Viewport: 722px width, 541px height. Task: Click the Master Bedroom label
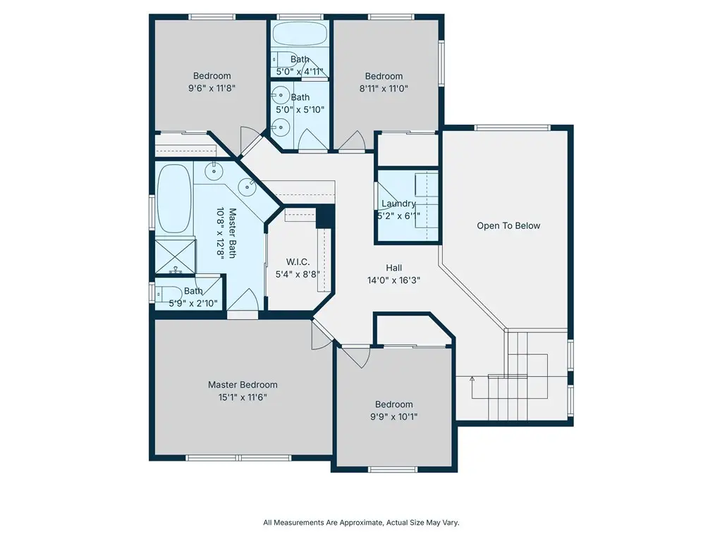click(243, 385)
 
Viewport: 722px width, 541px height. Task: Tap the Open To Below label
click(508, 225)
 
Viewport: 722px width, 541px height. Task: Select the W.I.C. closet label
click(298, 262)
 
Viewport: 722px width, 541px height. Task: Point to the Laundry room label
click(399, 204)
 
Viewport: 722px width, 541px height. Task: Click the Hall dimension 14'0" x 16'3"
click(393, 280)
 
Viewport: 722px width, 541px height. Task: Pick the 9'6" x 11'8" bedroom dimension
click(212, 88)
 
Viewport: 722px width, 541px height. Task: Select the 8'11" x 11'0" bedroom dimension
click(384, 88)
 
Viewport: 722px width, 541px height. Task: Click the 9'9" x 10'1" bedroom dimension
click(393, 417)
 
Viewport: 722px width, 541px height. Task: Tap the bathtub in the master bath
click(174, 199)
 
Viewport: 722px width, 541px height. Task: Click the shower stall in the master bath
click(175, 256)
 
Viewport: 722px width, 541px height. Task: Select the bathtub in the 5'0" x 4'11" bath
click(300, 34)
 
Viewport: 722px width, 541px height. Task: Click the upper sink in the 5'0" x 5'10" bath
click(279, 96)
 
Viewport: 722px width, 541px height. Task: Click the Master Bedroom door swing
click(322, 335)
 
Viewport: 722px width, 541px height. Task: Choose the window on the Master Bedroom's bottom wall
click(238, 458)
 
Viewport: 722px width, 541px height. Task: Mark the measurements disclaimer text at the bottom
click(361, 523)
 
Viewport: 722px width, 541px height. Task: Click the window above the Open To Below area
click(512, 128)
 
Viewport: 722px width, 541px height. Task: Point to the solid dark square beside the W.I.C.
click(325, 217)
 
